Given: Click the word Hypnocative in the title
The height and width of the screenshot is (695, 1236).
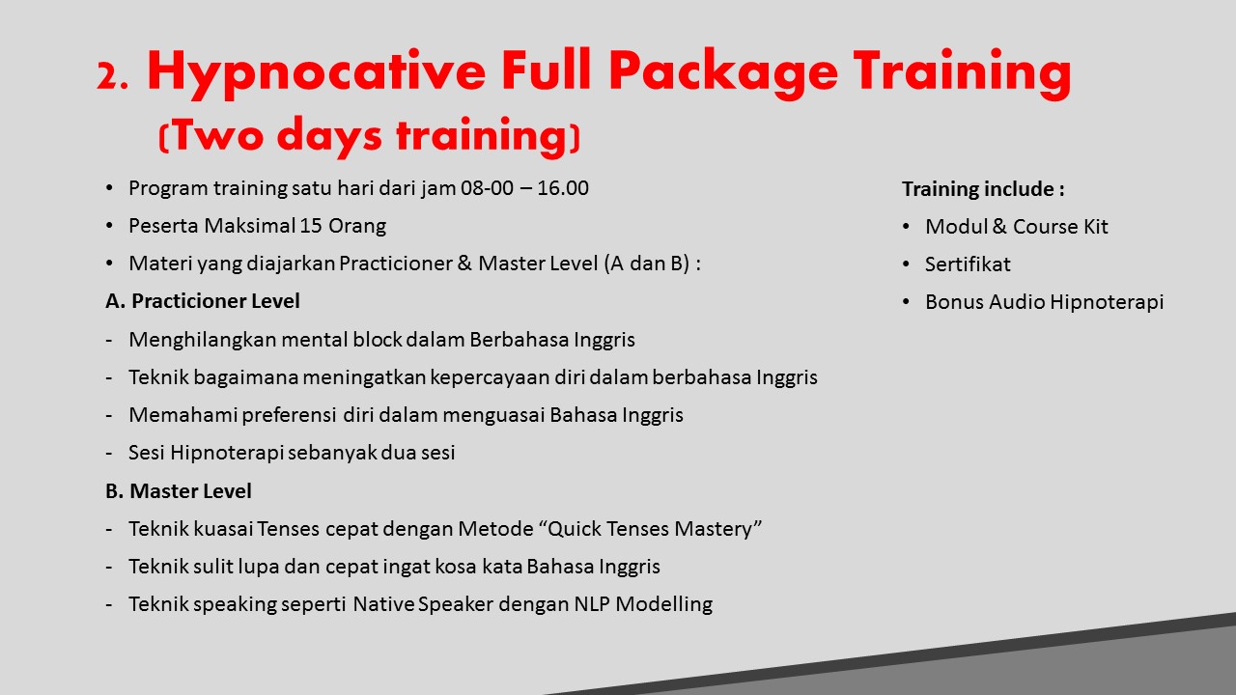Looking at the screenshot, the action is point(316,72).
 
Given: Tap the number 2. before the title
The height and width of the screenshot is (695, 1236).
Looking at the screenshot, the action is point(113,76).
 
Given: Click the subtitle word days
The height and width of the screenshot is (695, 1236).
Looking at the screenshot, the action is point(329,136).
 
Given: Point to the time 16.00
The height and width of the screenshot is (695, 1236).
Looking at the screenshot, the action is point(563,188).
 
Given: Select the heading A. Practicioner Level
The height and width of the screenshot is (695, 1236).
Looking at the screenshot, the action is point(203,301).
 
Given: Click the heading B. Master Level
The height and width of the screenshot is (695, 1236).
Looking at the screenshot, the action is point(179,491).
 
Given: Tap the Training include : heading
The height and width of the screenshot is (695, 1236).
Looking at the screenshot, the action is point(983,189).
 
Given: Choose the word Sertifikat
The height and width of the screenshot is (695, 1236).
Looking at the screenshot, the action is point(968,264).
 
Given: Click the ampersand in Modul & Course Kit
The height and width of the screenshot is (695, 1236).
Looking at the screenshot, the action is point(999,227).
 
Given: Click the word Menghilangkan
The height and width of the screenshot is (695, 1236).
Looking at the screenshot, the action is point(203,340).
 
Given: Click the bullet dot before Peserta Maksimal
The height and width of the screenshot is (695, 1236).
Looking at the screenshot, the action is point(109,226).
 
